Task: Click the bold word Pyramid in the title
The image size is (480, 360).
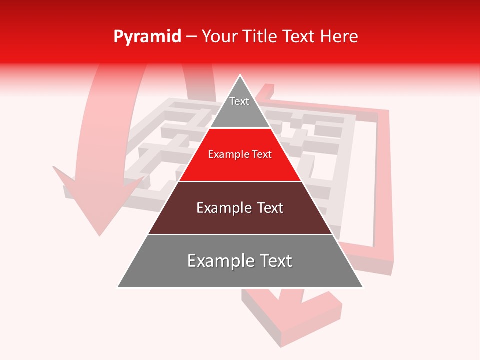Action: click(x=147, y=37)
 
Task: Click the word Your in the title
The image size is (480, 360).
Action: click(x=218, y=37)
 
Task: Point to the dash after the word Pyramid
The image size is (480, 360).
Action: click(x=191, y=37)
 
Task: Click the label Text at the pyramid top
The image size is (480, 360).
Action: click(x=239, y=101)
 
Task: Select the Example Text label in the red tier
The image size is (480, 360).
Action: click(x=240, y=154)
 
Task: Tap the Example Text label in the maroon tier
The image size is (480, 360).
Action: click(x=240, y=208)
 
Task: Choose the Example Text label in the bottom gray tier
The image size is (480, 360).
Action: click(x=240, y=261)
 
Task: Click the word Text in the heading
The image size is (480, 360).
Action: click(x=300, y=37)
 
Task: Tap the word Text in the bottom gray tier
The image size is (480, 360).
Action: click(x=275, y=261)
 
